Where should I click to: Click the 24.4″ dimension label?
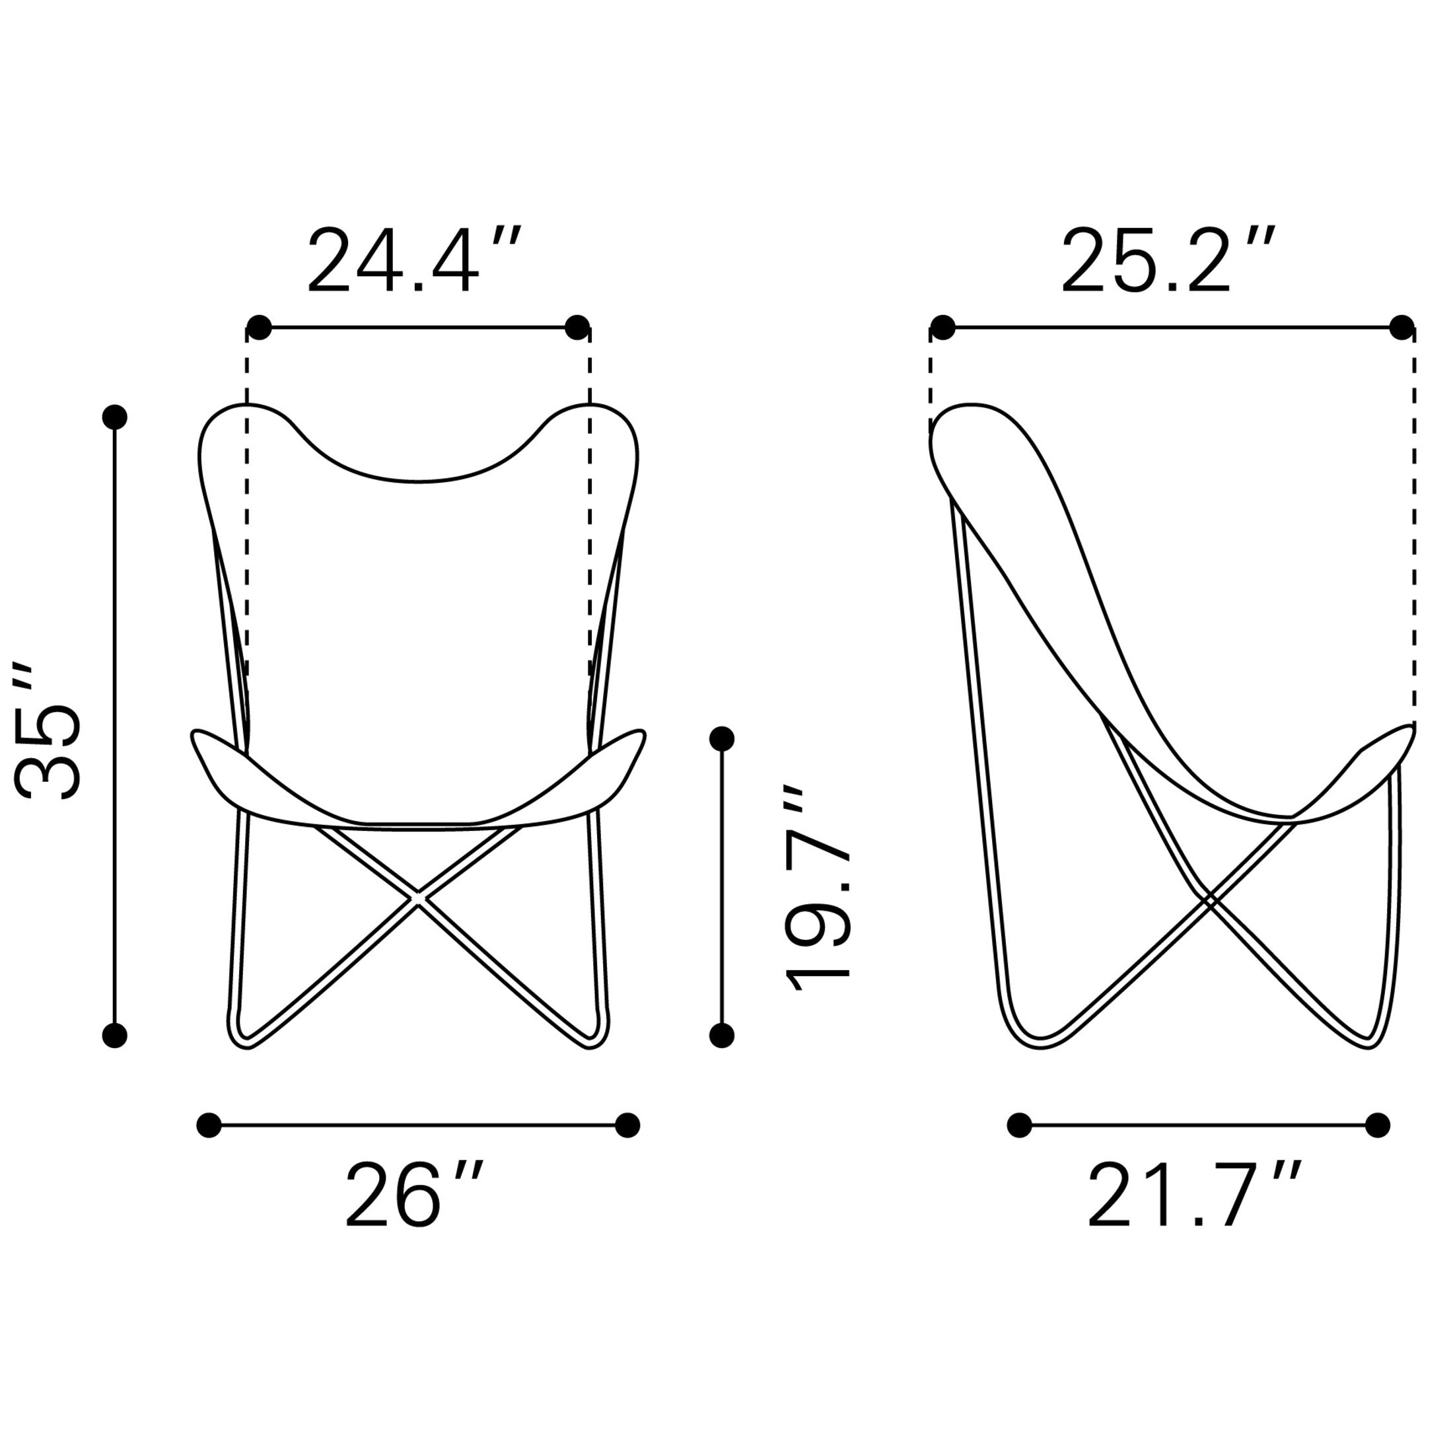413,260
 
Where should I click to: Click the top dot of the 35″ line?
114,417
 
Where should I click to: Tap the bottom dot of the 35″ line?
114,1036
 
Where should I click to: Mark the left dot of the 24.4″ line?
259,328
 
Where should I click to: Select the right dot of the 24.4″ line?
577,328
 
